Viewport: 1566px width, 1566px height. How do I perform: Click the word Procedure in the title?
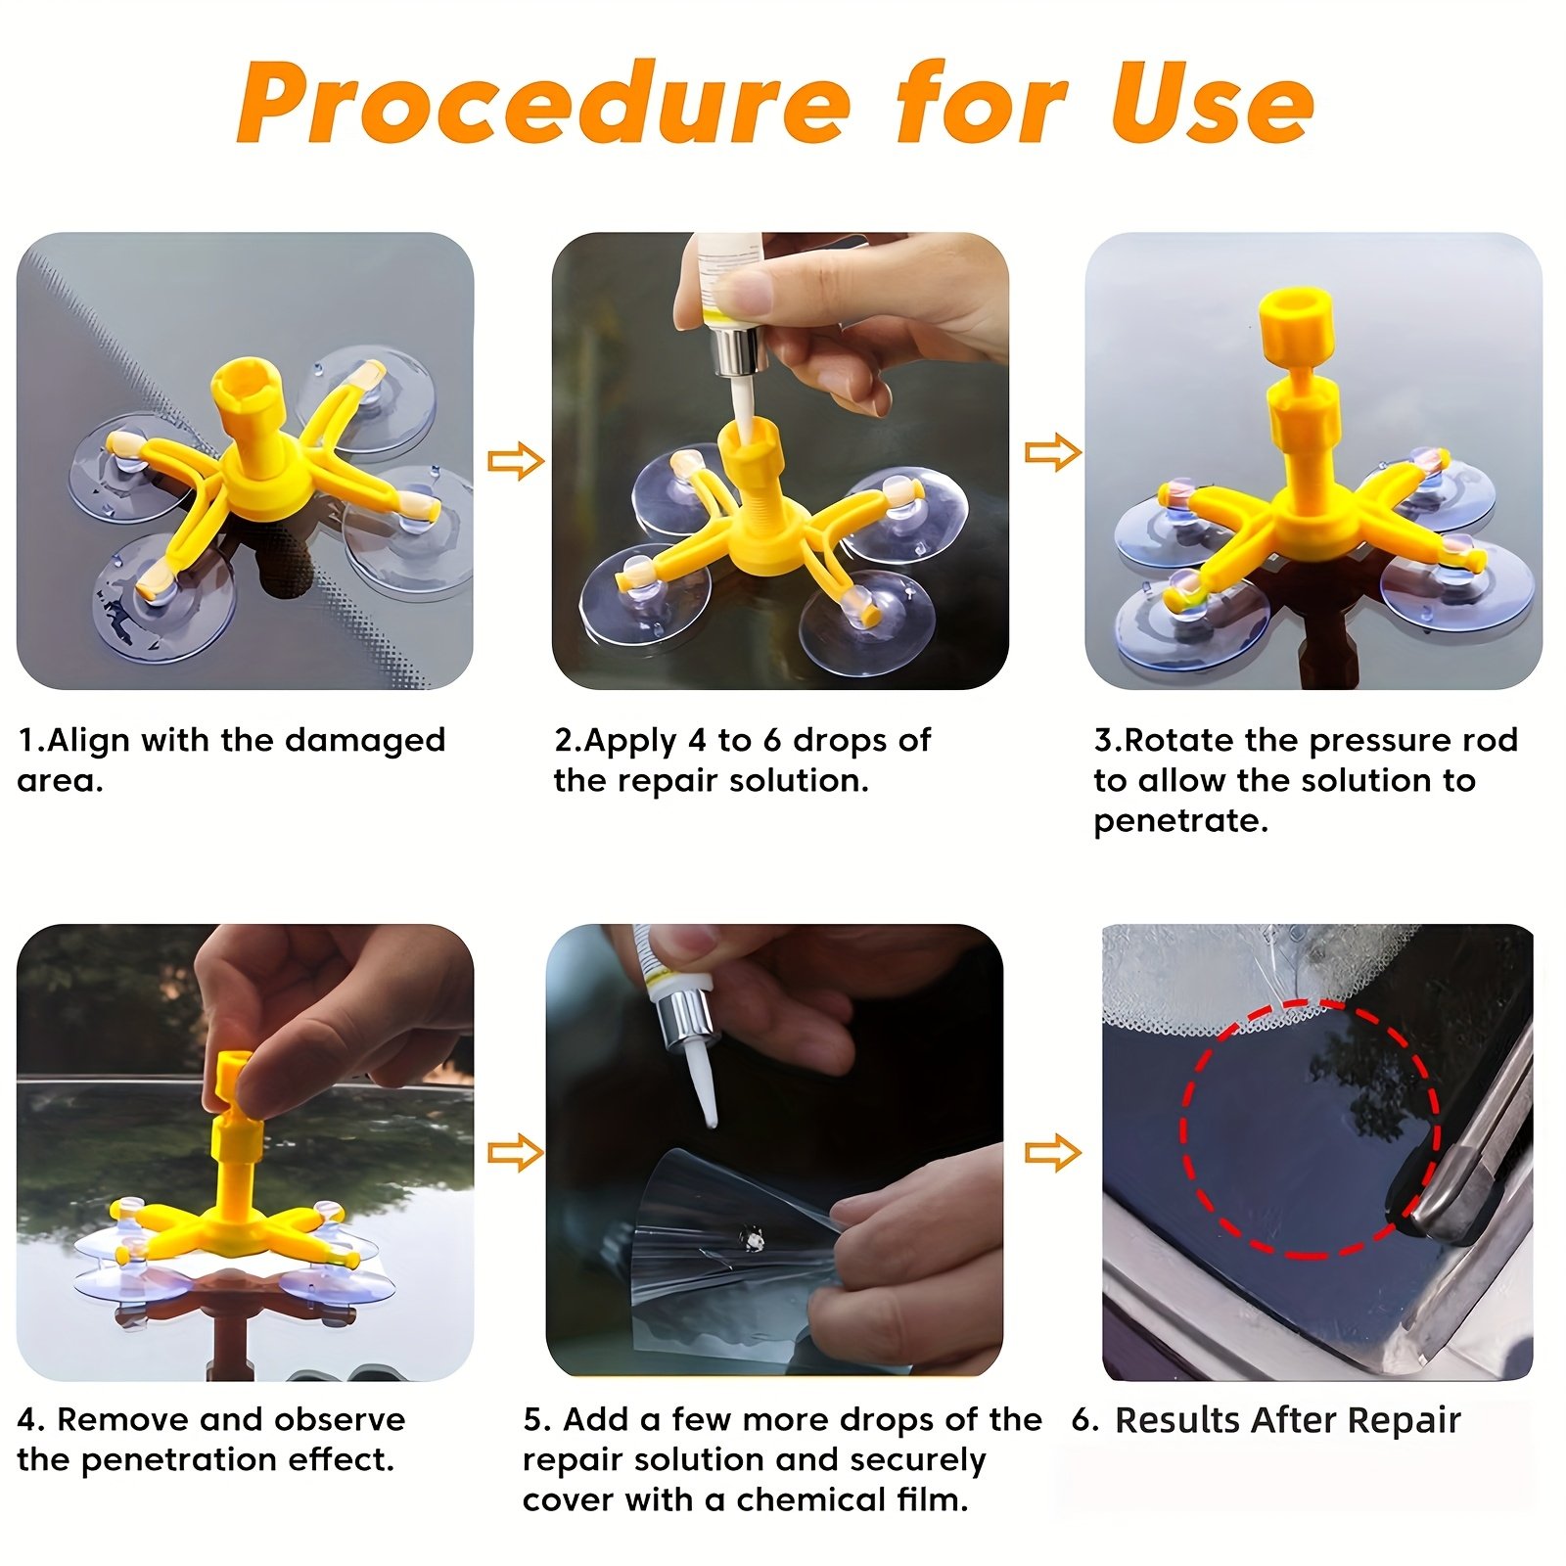pyautogui.click(x=543, y=103)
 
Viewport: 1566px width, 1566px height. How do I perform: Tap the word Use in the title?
pyautogui.click(x=1213, y=103)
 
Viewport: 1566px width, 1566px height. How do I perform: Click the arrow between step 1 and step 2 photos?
pyautogui.click(x=516, y=460)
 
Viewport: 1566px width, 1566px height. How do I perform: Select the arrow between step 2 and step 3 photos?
pyautogui.click(x=1053, y=452)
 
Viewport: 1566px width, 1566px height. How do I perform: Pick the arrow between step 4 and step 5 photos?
pyautogui.click(x=516, y=1152)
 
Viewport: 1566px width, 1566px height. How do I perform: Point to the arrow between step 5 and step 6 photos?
pyautogui.click(x=1053, y=1152)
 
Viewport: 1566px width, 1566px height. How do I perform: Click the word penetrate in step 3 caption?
pyautogui.click(x=1180, y=821)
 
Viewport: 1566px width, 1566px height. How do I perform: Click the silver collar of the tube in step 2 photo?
pyautogui.click(x=738, y=348)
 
